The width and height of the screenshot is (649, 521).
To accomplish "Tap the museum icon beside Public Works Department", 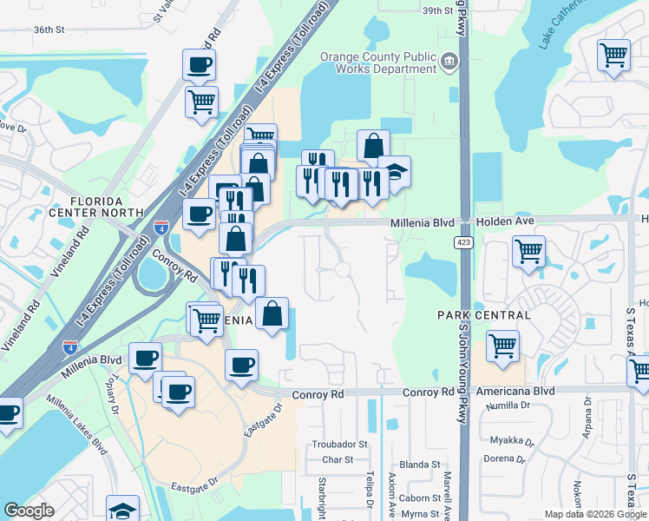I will click(x=449, y=61).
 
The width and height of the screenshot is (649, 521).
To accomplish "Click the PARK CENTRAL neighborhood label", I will click(x=483, y=315).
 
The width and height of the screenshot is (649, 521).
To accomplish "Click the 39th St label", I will click(x=438, y=10).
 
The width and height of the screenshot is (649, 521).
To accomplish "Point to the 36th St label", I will click(x=49, y=29).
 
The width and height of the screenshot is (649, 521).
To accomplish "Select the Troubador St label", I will click(x=339, y=444).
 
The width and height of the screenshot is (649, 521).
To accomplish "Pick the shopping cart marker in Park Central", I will click(x=502, y=346).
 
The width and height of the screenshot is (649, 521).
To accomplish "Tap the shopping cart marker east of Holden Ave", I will click(x=528, y=252).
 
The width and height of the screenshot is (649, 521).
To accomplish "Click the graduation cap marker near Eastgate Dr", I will click(x=122, y=510).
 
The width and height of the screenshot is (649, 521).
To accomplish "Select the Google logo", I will click(x=29, y=511).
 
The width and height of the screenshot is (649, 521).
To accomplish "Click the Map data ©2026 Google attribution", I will click(x=595, y=514).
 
